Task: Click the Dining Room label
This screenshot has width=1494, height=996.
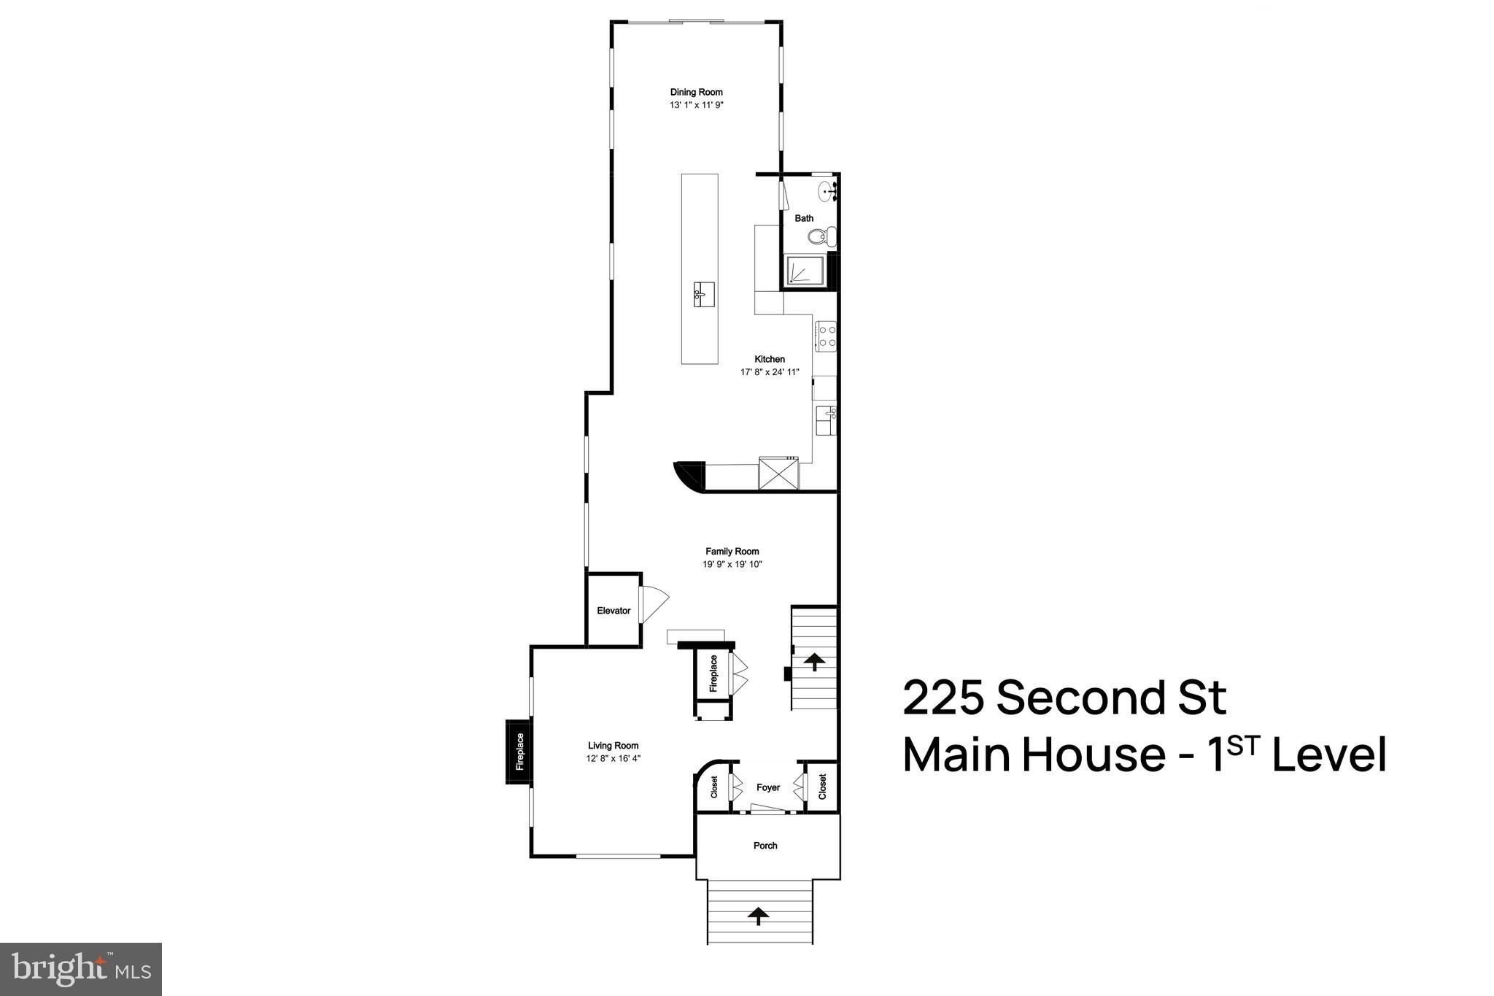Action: click(x=697, y=92)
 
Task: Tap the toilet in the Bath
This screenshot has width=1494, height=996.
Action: click(x=822, y=236)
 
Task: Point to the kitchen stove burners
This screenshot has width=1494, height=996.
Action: click(x=827, y=336)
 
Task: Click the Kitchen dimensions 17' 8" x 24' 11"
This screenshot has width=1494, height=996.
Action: click(x=770, y=372)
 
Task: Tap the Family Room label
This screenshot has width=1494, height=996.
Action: click(x=732, y=552)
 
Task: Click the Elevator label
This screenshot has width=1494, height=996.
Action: click(x=614, y=611)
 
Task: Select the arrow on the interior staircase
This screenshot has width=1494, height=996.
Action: click(x=814, y=662)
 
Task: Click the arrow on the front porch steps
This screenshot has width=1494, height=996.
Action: click(x=759, y=916)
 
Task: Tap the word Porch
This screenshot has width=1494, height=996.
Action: click(x=765, y=846)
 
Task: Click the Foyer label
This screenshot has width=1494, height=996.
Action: click(x=768, y=787)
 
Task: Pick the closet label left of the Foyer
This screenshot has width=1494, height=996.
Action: click(x=714, y=787)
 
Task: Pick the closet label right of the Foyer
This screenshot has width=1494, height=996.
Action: click(x=822, y=787)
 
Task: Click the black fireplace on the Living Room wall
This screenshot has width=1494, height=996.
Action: click(x=519, y=752)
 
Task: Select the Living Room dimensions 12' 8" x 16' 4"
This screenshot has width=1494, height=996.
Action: click(x=614, y=758)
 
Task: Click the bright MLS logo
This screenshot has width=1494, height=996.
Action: click(x=81, y=969)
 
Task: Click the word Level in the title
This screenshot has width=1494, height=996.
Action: click(x=1329, y=755)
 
